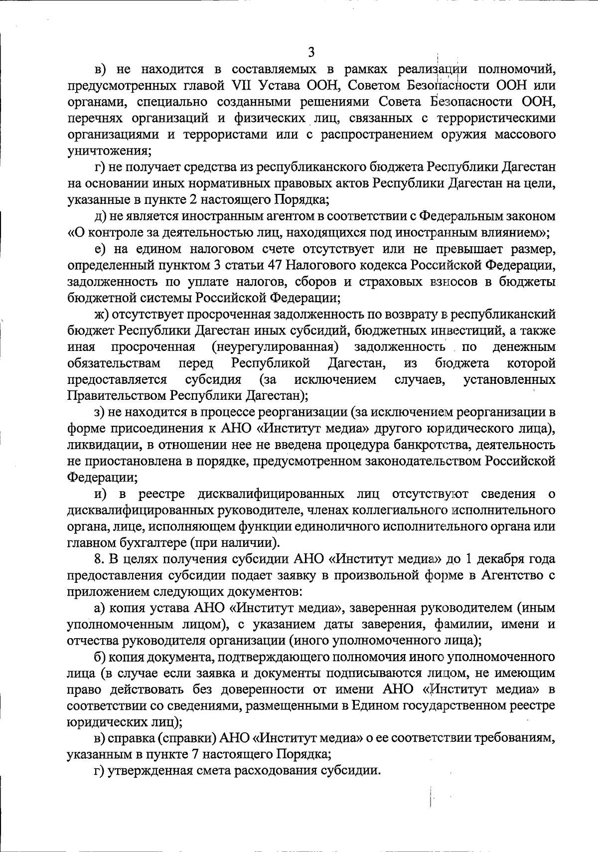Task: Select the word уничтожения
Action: [110, 151]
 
